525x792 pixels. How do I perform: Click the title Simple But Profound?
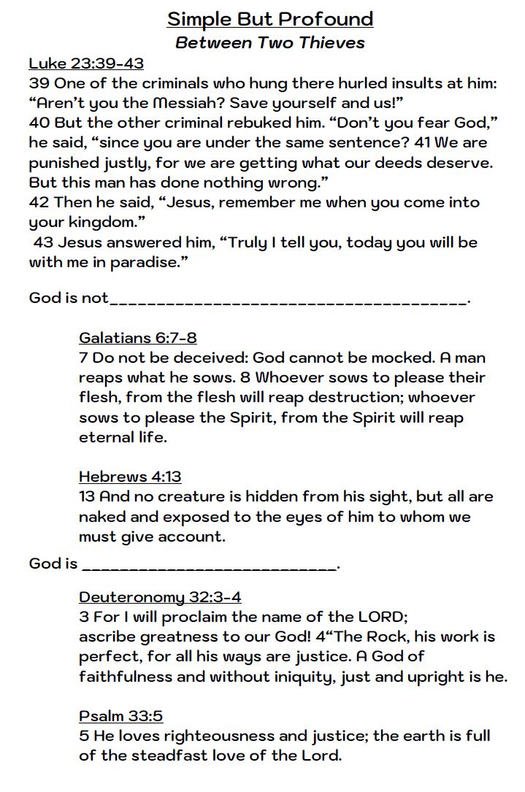point(270,19)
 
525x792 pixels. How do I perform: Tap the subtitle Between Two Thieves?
point(270,42)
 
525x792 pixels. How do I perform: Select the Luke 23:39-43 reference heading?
point(86,64)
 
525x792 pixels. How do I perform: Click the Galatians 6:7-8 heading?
point(137,337)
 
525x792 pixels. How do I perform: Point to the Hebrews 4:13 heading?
point(130,477)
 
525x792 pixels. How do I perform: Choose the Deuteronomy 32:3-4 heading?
point(160,596)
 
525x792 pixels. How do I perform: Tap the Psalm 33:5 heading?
point(120,716)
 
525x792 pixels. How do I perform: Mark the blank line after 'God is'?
point(210,566)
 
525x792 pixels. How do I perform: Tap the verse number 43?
point(43,242)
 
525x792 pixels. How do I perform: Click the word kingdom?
point(104,222)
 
